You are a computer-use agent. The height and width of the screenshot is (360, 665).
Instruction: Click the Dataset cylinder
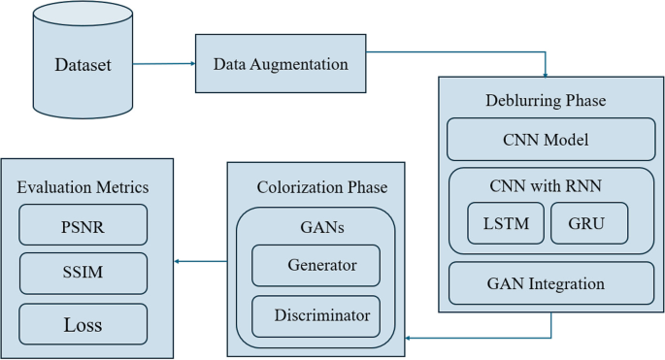pyautogui.click(x=83, y=65)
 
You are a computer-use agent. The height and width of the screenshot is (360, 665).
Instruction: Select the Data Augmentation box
pyautogui.click(x=281, y=64)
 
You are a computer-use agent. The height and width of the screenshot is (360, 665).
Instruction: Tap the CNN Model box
pyautogui.click(x=550, y=140)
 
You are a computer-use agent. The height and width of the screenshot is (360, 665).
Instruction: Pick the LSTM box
pyautogui.click(x=505, y=223)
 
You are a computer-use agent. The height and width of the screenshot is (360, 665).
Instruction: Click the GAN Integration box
pyautogui.click(x=550, y=283)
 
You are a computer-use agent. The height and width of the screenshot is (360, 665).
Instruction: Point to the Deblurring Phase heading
pyautogui.click(x=546, y=101)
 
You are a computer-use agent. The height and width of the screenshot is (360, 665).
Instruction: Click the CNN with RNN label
pyautogui.click(x=550, y=185)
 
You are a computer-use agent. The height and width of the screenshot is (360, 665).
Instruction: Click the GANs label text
pyautogui.click(x=316, y=228)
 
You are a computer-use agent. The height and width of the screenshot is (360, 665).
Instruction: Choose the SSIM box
pyautogui.click(x=83, y=273)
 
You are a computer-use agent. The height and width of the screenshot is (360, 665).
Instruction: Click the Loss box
pyautogui.click(x=83, y=324)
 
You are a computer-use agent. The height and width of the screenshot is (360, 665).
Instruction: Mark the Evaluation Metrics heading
pyautogui.click(x=83, y=186)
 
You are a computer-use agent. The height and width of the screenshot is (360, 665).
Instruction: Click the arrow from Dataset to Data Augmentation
pyautogui.click(x=163, y=64)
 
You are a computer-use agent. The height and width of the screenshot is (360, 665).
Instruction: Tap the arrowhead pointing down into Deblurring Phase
pyautogui.click(x=547, y=74)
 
